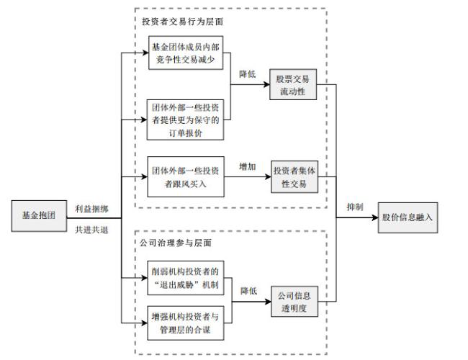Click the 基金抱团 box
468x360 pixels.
point(39,216)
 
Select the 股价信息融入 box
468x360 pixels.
point(408,217)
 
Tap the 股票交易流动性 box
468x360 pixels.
point(293,84)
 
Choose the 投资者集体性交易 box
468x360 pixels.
point(294,176)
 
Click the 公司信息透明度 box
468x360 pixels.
point(294,302)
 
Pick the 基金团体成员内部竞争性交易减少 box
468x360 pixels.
point(186,53)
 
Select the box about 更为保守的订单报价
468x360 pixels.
point(185,120)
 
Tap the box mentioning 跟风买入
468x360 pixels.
point(186,176)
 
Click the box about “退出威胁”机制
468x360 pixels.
point(186,278)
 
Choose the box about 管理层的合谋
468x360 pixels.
point(186,323)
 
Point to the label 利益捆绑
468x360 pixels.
point(91,209)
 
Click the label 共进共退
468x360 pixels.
point(91,230)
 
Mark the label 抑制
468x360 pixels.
point(355,207)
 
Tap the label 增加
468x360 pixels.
point(248,166)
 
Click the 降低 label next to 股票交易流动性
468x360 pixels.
point(248,74)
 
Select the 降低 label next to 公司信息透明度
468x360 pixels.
point(248,291)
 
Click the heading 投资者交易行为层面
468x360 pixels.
point(182,22)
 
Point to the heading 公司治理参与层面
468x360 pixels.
point(176,243)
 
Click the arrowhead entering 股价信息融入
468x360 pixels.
point(375,217)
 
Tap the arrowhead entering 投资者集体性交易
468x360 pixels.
point(268,176)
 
